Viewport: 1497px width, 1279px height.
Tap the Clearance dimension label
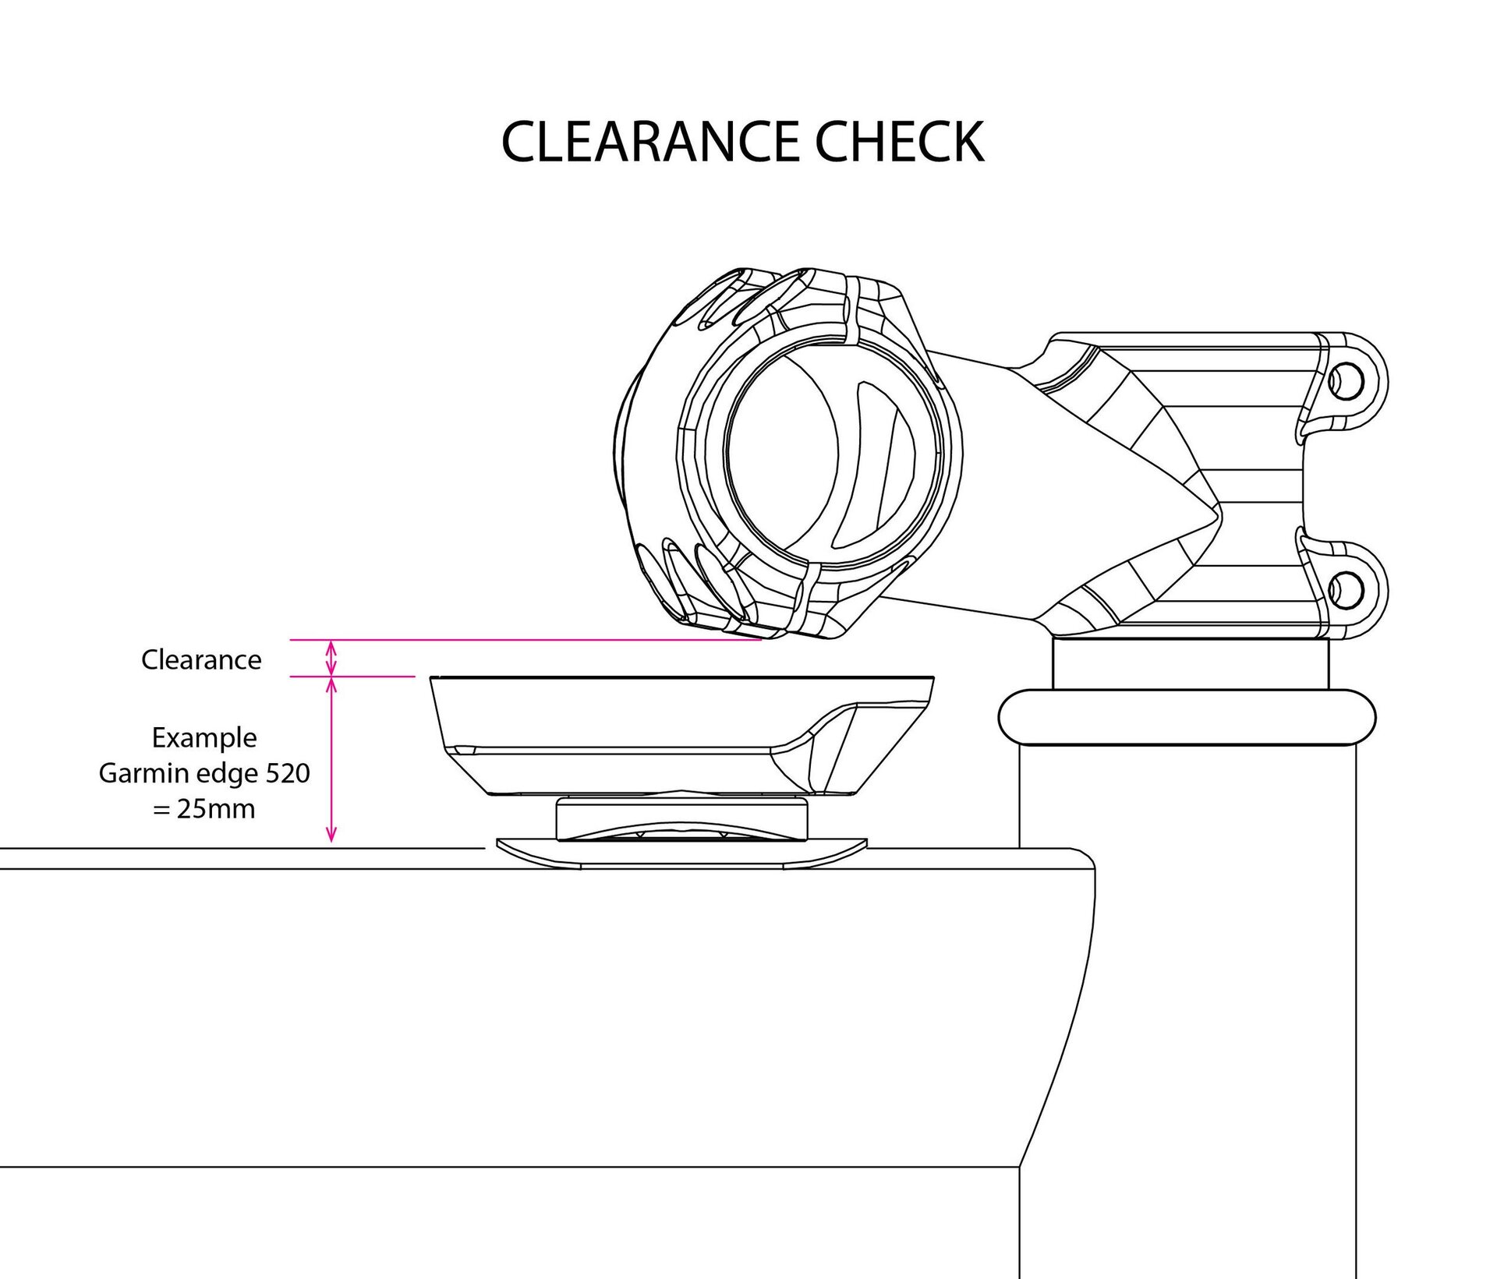[x=201, y=660]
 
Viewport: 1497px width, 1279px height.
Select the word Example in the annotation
[x=204, y=737]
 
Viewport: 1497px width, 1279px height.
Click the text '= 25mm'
[x=204, y=809]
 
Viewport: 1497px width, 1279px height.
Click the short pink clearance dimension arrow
[x=331, y=658]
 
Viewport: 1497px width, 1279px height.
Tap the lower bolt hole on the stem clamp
[x=1347, y=588]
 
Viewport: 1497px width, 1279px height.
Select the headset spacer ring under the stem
[x=1191, y=663]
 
